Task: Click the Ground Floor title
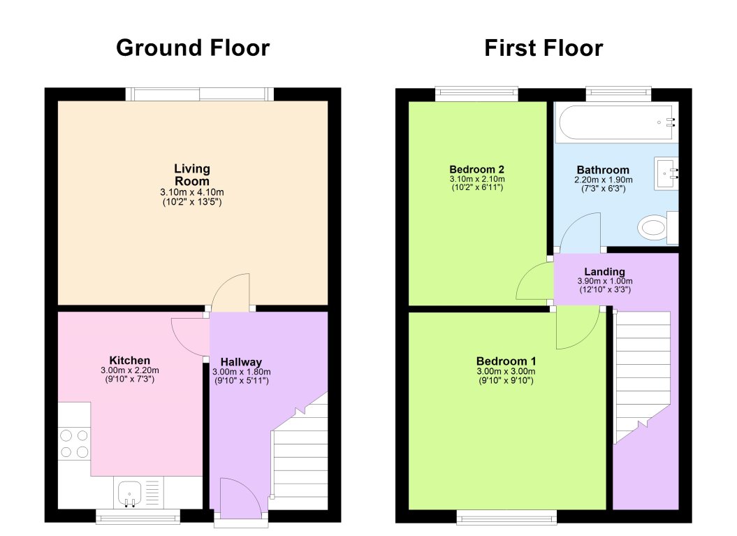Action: point(192,48)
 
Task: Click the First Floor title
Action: point(543,48)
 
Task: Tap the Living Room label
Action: point(192,175)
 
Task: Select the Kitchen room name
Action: point(129,361)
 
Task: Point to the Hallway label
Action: point(241,362)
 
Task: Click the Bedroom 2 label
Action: point(476,169)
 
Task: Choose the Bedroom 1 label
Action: point(507,361)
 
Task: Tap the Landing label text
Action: point(605,272)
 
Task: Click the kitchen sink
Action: point(129,493)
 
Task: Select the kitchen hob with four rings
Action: point(74,442)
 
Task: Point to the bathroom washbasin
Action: point(666,173)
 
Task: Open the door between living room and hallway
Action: point(231,292)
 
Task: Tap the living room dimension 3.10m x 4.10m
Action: point(192,192)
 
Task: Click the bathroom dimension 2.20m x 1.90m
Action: point(603,179)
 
